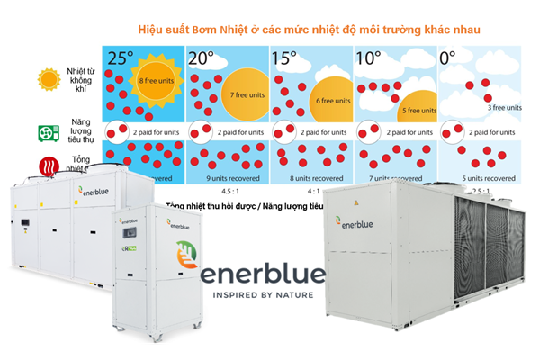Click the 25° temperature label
120,58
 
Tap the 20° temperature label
201,58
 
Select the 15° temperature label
285,58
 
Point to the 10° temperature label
369,58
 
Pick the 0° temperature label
447,58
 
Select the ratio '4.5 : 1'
231,191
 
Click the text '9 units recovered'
231,177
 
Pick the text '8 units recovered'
313,177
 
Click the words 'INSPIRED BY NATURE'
262,293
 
